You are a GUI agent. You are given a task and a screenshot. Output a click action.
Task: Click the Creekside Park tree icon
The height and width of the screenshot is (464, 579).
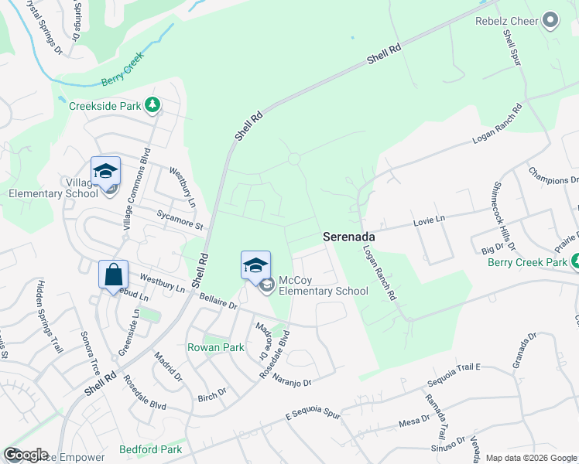[x=154, y=105]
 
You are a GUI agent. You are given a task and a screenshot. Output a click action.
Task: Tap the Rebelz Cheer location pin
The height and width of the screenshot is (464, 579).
[x=551, y=20]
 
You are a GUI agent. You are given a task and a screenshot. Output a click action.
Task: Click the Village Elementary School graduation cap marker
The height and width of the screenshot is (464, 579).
[x=105, y=172]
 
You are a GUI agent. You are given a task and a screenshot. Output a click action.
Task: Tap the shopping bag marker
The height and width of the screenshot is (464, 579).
[x=113, y=274]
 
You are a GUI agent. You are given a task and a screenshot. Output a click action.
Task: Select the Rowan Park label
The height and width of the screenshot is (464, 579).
[x=216, y=348]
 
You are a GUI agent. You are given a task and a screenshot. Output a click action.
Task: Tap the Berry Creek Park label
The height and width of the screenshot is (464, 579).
[x=527, y=262]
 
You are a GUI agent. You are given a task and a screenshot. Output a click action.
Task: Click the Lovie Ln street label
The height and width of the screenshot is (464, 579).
[x=430, y=220]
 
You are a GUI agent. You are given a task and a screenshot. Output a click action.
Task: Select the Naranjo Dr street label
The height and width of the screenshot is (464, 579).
[x=292, y=381]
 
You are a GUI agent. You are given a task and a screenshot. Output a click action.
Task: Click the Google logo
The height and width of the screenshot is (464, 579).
[x=26, y=455]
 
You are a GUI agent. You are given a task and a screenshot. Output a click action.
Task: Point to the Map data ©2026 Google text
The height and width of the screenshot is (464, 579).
[x=531, y=458]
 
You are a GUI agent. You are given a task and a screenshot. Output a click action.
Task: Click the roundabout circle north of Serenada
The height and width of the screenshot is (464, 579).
[x=294, y=159]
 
